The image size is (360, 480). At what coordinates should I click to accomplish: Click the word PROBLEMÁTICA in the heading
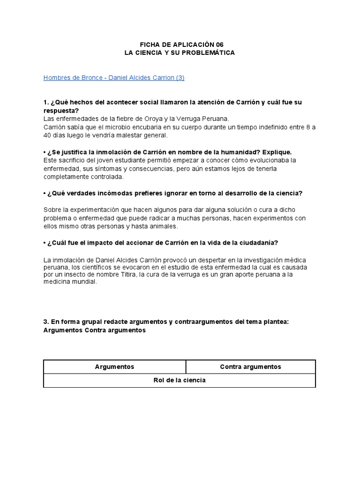click(209, 53)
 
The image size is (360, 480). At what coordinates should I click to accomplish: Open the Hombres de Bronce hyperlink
click(114, 78)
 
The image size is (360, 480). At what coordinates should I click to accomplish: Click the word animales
click(162, 226)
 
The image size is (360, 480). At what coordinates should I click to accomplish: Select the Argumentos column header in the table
click(115, 367)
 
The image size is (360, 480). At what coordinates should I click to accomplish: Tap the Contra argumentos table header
click(250, 367)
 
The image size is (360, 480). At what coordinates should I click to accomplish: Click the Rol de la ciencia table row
click(180, 380)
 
